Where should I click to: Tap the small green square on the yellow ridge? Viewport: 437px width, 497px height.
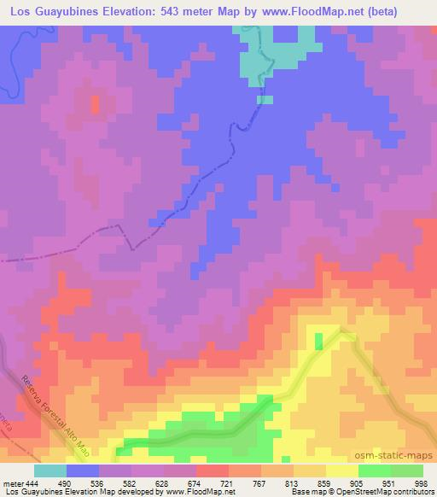coord(319,341)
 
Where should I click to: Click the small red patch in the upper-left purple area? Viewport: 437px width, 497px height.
coord(94,104)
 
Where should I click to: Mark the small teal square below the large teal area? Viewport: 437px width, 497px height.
coord(265,99)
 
